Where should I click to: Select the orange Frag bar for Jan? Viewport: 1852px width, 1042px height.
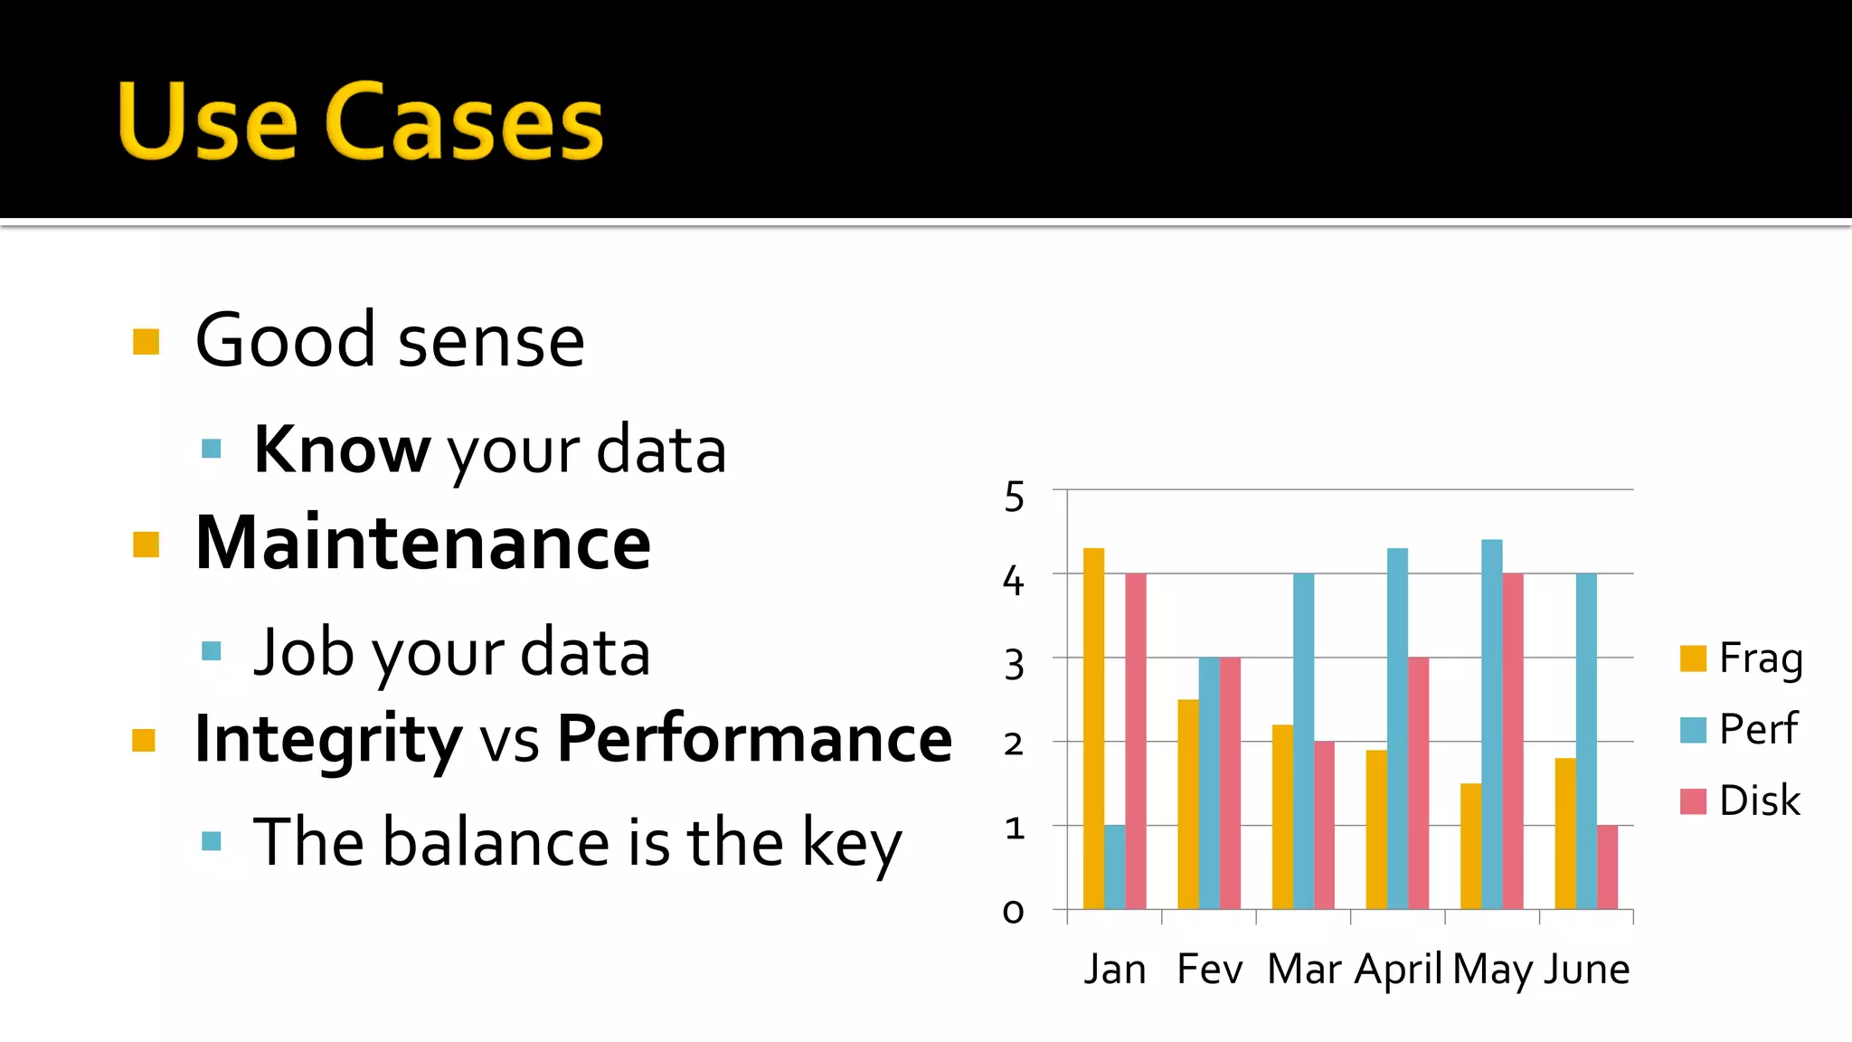pyautogui.click(x=1093, y=728)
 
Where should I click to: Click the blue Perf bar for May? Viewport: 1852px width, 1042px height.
pyautogui.click(x=1492, y=724)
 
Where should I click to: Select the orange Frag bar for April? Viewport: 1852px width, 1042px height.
pyautogui.click(x=1376, y=829)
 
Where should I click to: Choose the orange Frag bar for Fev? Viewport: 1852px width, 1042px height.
pyautogui.click(x=1188, y=804)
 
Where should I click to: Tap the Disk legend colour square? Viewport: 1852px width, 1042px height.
pyautogui.click(x=1693, y=801)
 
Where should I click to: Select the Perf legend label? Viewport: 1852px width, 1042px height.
pyautogui.click(x=1758, y=729)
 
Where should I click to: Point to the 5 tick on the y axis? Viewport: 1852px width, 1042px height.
pyautogui.click(x=1015, y=497)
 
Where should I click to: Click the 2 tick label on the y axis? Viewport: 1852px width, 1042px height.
pyautogui.click(x=1014, y=744)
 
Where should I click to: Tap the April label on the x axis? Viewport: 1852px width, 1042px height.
pyautogui.click(x=1398, y=971)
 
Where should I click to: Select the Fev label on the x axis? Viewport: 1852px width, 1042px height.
pyautogui.click(x=1210, y=970)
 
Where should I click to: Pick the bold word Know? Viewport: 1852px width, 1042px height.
pyautogui.click(x=342, y=450)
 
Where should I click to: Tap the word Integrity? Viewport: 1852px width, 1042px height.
pyautogui.click(x=328, y=740)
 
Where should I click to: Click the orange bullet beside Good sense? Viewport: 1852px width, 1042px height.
pyautogui.click(x=146, y=342)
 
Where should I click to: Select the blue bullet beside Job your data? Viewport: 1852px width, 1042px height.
pyautogui.click(x=212, y=650)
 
